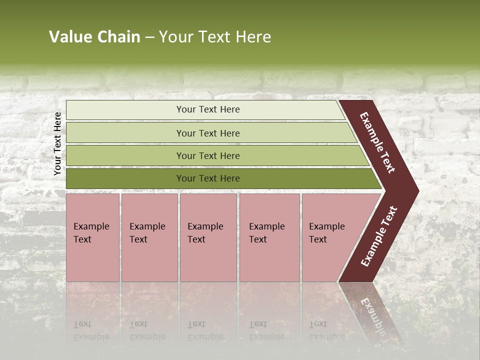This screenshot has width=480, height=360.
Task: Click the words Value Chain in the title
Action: [94, 37]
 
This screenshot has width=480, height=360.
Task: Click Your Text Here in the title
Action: [215, 37]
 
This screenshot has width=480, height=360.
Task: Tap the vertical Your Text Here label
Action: [57, 143]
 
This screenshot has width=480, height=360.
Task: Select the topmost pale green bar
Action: [125, 110]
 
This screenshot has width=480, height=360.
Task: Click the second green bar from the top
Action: [125, 133]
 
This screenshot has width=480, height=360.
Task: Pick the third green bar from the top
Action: [125, 155]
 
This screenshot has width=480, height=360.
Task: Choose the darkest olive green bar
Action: [125, 178]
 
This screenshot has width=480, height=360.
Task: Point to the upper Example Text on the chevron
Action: [377, 142]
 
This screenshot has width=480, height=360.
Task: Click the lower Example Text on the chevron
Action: [378, 236]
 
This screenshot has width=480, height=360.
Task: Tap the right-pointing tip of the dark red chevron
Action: [416, 190]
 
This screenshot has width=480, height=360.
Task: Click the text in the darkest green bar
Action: [208, 178]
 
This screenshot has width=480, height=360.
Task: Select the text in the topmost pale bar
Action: [208, 109]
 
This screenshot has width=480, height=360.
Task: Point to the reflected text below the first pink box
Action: [91, 330]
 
